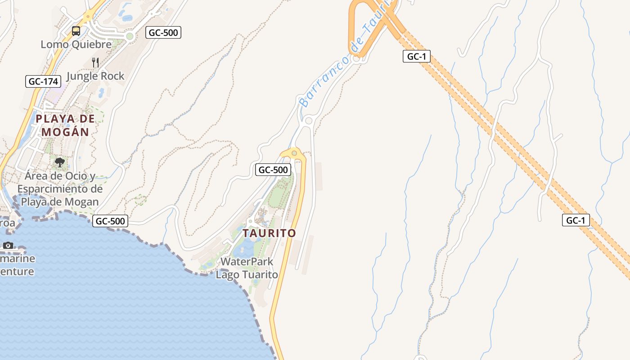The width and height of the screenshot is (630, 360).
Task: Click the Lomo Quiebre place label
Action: (x=76, y=45)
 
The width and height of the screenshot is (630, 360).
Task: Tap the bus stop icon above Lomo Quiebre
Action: (x=76, y=31)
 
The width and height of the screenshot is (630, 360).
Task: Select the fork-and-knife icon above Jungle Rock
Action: (x=95, y=62)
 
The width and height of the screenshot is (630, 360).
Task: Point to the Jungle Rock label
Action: (x=95, y=76)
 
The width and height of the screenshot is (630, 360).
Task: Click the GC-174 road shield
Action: (x=43, y=81)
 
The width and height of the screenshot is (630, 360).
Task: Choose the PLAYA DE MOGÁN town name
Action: (x=65, y=125)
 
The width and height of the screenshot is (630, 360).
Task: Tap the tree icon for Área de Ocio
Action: (x=59, y=162)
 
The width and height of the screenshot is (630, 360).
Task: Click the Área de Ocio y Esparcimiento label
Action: (x=60, y=189)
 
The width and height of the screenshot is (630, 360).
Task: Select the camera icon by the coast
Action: (x=8, y=245)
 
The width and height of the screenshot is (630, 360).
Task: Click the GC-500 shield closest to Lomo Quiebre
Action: (x=163, y=32)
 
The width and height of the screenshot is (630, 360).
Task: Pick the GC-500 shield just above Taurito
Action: (x=273, y=170)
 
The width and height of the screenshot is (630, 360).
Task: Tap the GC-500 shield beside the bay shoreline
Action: (x=110, y=221)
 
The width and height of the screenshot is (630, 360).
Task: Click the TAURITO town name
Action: (x=269, y=233)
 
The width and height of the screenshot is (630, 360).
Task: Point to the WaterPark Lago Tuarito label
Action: (x=247, y=268)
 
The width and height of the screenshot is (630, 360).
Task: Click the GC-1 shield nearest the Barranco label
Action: (x=417, y=56)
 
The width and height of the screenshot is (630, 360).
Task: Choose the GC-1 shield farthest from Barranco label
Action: (x=576, y=220)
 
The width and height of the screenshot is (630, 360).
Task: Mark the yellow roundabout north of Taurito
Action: (x=294, y=153)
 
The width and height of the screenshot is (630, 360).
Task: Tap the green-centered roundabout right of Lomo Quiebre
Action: (x=130, y=36)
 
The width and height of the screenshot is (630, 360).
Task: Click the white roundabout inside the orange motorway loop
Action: (x=357, y=58)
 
